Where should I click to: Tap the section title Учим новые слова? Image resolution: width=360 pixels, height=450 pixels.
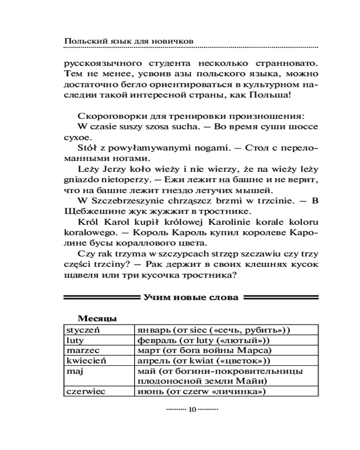[191, 297]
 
